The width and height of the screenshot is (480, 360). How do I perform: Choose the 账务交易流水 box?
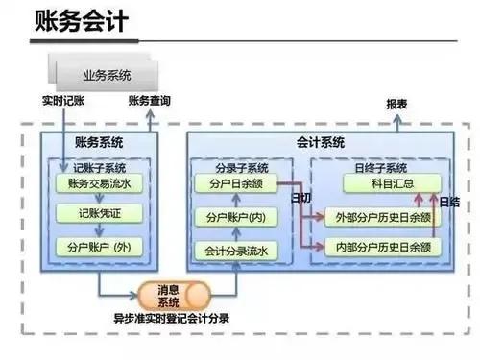pyautogui.click(x=99, y=182)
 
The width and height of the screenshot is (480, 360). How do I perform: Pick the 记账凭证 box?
pyautogui.click(x=99, y=213)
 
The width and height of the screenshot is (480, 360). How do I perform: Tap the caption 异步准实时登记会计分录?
pyautogui.click(x=172, y=317)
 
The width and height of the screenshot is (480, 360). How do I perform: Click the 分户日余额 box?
pyautogui.click(x=235, y=182)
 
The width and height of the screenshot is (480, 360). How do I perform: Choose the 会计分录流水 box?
pyautogui.click(x=235, y=252)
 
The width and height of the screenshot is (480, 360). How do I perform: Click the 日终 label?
pyautogui.click(x=448, y=202)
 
